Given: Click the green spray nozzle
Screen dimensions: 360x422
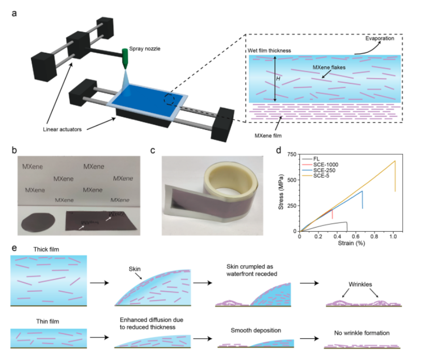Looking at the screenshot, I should pos(125,58).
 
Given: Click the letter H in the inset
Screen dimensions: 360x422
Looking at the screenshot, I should pos(278,79).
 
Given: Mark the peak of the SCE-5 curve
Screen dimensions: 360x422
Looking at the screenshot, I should pos(395,161).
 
